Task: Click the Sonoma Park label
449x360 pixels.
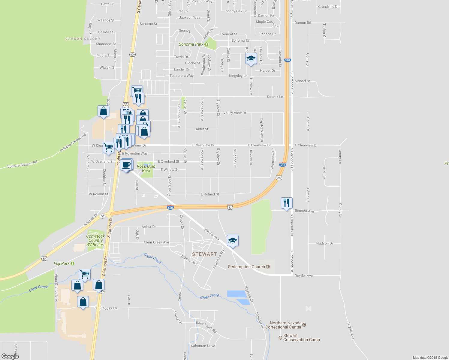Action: (191, 44)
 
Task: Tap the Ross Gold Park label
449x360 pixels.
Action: (146, 168)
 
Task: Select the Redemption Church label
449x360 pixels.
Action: (246, 267)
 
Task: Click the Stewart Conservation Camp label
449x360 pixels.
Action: (301, 337)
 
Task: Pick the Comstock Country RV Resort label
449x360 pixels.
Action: (95, 240)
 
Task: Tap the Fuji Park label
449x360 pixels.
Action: (62, 263)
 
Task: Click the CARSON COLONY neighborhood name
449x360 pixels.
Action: (83, 39)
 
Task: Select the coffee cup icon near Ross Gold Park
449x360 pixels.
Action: (126, 165)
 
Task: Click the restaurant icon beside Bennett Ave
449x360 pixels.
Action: (287, 203)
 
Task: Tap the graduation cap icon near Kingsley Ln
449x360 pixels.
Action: (251, 58)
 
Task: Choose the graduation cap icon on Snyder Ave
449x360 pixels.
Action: (233, 241)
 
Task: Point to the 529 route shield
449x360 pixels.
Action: (133, 55)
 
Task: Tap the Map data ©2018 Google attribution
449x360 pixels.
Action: (430, 358)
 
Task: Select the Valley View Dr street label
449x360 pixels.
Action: (234, 113)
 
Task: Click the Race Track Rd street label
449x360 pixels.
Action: (206, 327)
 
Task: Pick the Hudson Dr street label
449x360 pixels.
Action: (324, 243)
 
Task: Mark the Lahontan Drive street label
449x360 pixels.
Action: (203, 346)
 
